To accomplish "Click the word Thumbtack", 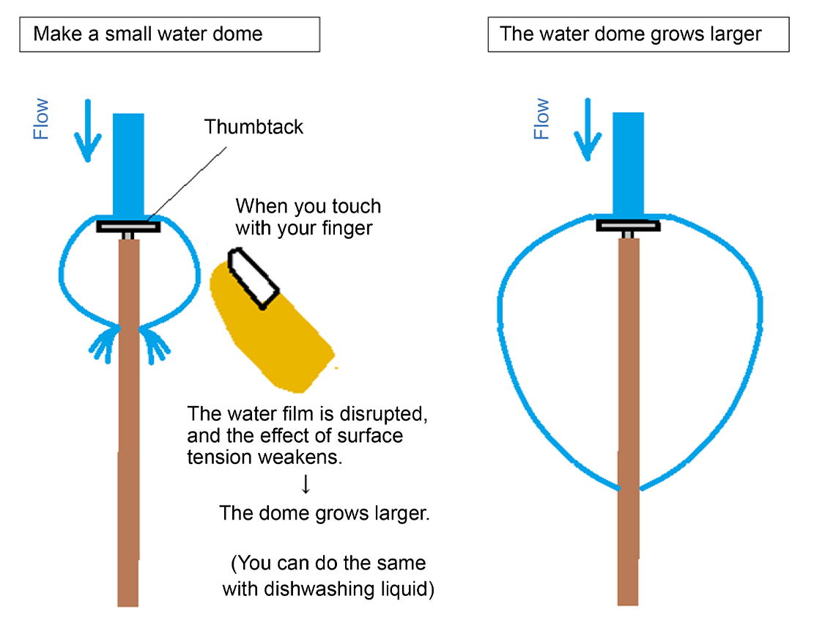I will coord(254,126).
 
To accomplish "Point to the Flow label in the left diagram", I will coord(41,119).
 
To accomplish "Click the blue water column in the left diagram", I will coord(129,165).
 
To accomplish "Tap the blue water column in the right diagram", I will coord(628,165).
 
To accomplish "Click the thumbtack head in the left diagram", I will coord(128,227).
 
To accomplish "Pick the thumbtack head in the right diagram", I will coord(628,225).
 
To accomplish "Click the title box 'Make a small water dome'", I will coord(169,34).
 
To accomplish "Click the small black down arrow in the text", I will coord(306,484).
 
